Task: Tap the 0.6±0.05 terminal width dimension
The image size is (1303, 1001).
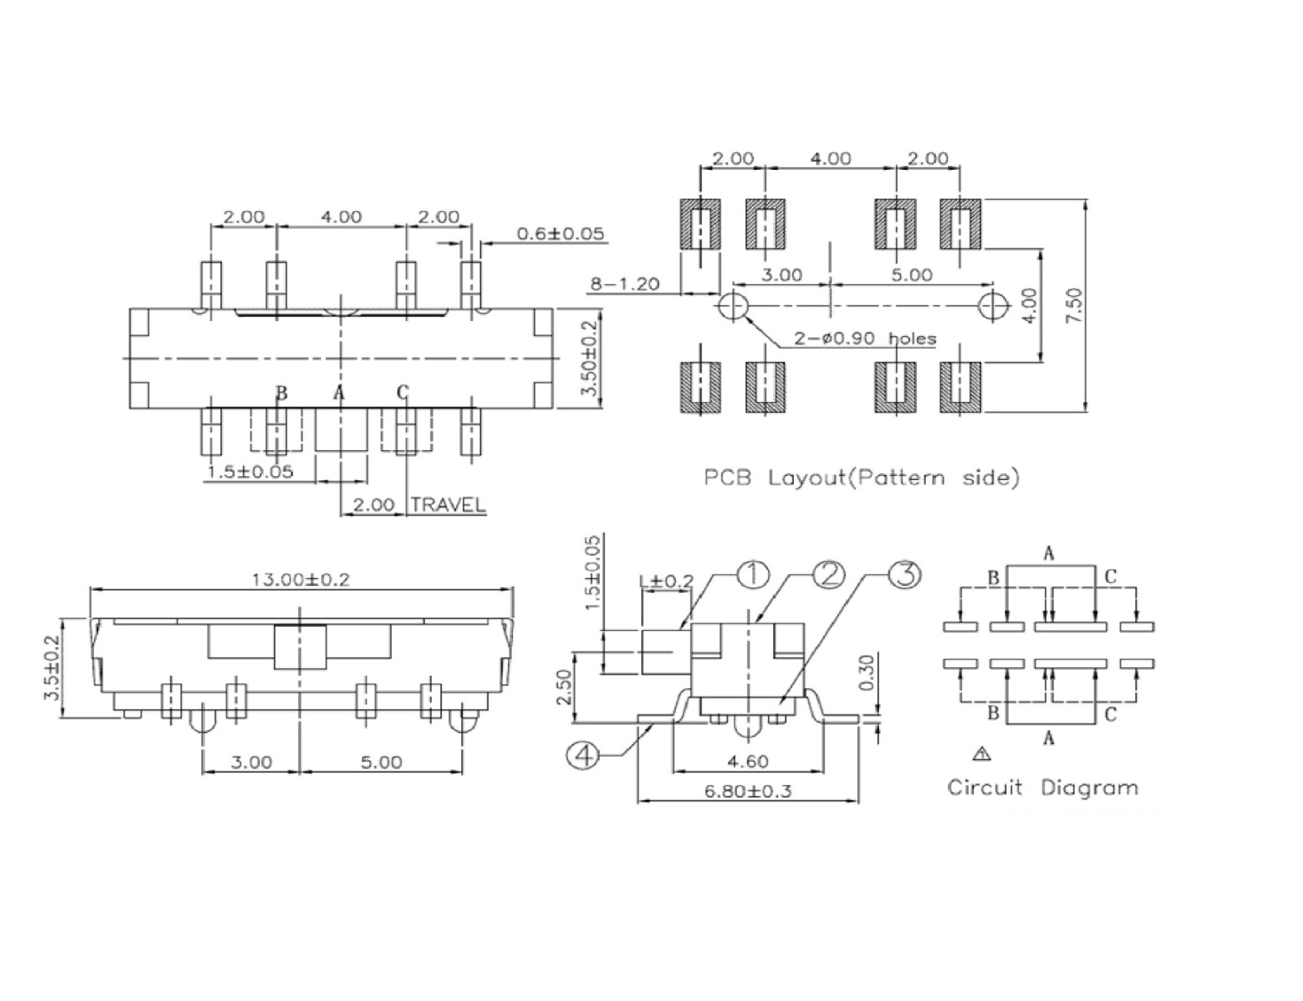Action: [560, 233]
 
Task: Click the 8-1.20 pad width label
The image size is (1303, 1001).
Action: [624, 284]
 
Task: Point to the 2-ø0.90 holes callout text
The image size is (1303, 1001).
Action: [865, 339]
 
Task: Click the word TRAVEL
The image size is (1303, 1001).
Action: [448, 504]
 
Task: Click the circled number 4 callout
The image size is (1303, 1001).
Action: [584, 756]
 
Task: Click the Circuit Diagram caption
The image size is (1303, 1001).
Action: [1042, 787]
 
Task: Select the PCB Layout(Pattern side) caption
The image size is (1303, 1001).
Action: [861, 477]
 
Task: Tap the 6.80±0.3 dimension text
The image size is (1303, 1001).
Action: [747, 791]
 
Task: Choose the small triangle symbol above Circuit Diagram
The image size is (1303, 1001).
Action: [981, 754]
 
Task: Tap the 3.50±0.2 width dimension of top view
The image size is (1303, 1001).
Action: [589, 358]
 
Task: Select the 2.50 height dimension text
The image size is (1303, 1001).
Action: [564, 687]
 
